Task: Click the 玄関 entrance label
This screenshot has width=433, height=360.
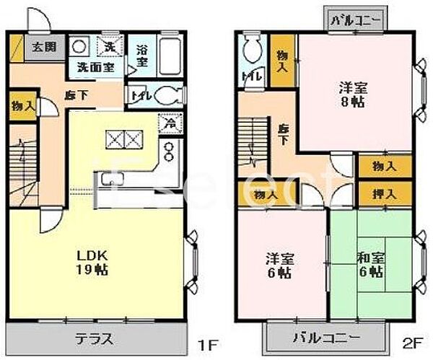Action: [38, 49]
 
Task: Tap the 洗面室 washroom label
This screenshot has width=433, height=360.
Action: [90, 67]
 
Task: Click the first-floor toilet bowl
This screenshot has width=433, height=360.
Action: [165, 96]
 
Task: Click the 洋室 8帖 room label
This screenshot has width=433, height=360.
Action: [354, 95]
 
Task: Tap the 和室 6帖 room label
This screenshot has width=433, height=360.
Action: [369, 265]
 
